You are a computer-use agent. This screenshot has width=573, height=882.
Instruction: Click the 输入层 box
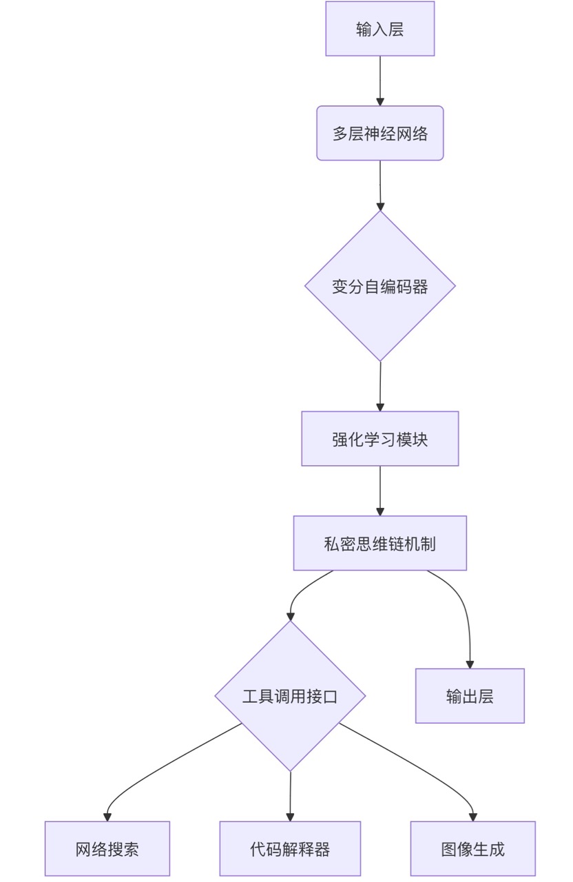pos(379,29)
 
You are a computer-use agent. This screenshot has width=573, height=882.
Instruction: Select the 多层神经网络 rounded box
pos(379,133)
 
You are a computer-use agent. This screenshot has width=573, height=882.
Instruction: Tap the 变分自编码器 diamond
pos(379,286)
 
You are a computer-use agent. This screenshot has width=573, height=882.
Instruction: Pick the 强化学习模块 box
pos(379,439)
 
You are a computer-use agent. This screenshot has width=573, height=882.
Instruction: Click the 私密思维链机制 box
pos(379,543)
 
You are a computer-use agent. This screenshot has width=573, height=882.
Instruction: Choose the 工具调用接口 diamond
pos(290,696)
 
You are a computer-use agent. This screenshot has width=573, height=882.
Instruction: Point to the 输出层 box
pos(470,696)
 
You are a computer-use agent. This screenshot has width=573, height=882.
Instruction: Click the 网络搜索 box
pos(107,849)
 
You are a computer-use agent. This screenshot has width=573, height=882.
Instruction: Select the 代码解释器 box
pos(290,849)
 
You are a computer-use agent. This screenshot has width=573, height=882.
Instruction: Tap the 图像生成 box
pos(472,849)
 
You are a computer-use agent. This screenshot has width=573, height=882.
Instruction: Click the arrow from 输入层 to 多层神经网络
pos(379,80)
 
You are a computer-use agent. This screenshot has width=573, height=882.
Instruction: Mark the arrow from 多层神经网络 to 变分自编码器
pos(380,185)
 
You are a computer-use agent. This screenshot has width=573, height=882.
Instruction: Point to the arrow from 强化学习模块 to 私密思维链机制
pos(379,491)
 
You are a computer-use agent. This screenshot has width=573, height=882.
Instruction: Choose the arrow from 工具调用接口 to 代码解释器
pos(290,796)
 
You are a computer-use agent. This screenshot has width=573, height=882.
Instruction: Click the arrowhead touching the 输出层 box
pos(470,664)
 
